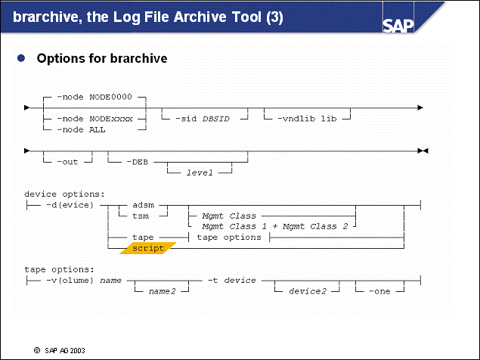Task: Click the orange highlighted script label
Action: [147, 247]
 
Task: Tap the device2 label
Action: [307, 291]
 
